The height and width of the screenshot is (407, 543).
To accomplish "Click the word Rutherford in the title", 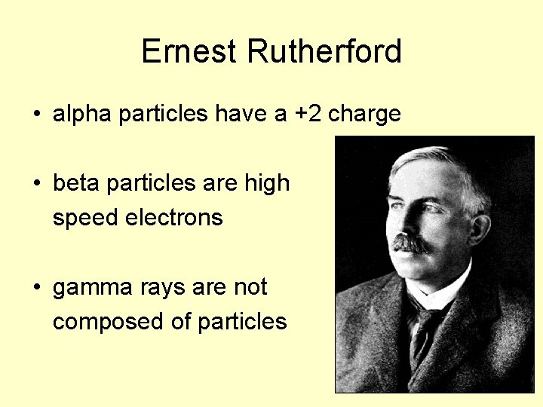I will [324, 51].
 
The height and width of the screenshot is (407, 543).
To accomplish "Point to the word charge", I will [365, 115].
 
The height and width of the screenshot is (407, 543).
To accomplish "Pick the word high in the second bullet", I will [269, 183].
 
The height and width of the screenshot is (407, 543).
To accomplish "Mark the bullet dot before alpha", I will [36, 115].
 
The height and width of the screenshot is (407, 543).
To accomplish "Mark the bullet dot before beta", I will [36, 184].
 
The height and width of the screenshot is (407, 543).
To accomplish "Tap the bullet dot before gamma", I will [36, 288].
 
